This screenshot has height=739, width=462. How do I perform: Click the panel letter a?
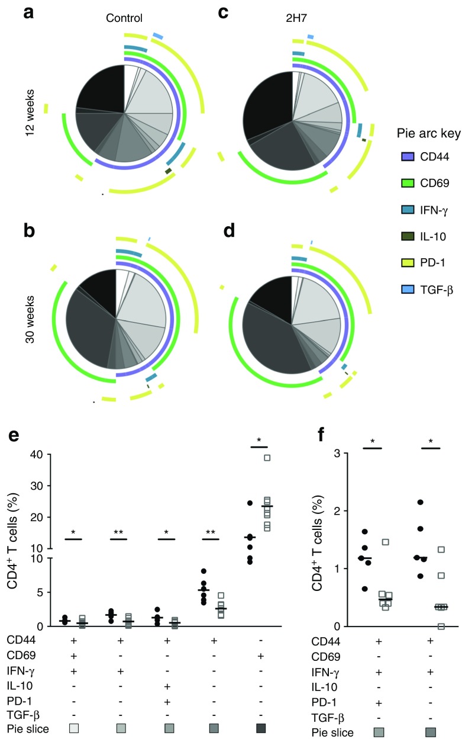pyautogui.click(x=28, y=12)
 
